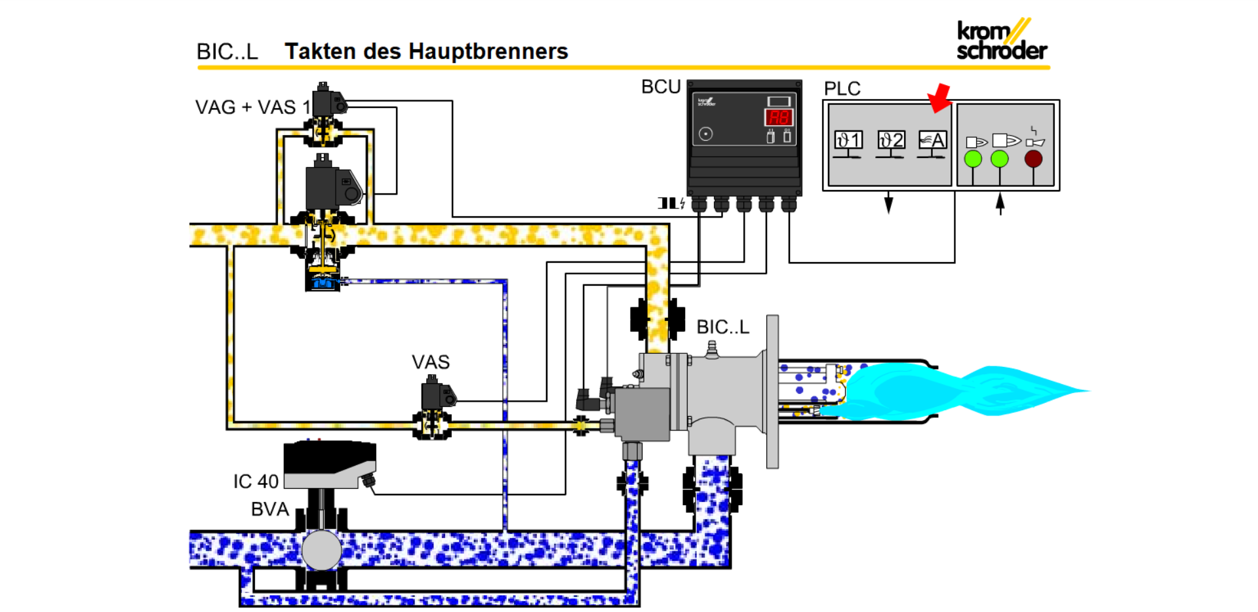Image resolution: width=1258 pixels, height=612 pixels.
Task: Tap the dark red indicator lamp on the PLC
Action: click(1033, 159)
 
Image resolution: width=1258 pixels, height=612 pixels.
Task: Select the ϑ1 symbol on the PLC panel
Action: click(848, 140)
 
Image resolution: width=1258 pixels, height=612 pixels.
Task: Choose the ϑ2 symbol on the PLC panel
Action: click(891, 140)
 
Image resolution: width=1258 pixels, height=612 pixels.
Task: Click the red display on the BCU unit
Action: click(779, 118)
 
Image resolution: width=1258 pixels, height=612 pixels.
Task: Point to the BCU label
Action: click(661, 87)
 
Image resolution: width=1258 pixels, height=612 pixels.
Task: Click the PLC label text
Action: click(842, 88)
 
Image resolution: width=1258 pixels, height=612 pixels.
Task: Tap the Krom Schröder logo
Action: click(1001, 40)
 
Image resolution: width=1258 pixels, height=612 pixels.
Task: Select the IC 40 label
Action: click(256, 482)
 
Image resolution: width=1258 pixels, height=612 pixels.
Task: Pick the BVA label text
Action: click(269, 509)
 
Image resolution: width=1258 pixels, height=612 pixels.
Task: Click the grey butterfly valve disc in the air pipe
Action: click(321, 550)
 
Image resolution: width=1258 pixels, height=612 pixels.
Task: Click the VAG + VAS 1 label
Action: click(252, 107)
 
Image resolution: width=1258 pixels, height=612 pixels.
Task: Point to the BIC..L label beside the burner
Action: click(722, 327)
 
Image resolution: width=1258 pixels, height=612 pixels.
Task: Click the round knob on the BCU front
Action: click(705, 134)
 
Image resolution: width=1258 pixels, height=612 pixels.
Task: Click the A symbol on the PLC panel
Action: click(932, 140)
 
